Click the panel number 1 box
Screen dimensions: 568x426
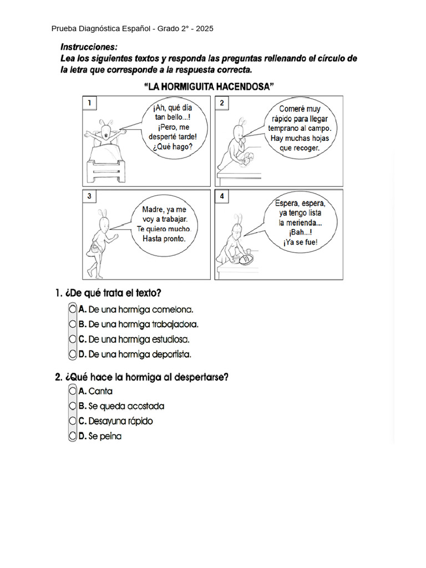(x=89, y=103)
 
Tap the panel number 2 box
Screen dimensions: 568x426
(x=221, y=103)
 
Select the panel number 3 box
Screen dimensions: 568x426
(x=89, y=196)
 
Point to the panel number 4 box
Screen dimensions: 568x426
(x=221, y=196)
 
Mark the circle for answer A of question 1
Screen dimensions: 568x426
(x=73, y=309)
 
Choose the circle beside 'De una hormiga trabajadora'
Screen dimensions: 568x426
(x=73, y=324)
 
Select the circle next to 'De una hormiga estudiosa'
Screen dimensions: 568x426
(x=73, y=338)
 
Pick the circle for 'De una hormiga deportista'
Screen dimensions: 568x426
(x=73, y=353)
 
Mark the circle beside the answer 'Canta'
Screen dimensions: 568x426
(x=73, y=391)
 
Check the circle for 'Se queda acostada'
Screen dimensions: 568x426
(x=73, y=406)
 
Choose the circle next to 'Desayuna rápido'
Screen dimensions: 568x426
(x=73, y=421)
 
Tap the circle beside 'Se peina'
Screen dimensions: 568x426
(x=73, y=436)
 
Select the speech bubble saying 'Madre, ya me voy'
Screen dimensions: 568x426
(x=164, y=224)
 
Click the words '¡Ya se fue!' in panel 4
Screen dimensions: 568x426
(x=300, y=242)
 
